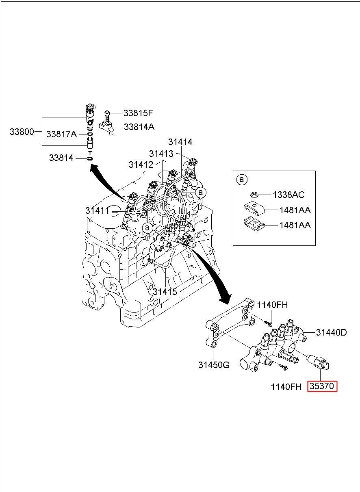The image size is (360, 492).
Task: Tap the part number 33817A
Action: [x=61, y=134]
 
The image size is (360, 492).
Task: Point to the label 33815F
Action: [x=138, y=113]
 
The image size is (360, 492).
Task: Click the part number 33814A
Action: [x=139, y=127]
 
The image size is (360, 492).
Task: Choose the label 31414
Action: [x=181, y=142]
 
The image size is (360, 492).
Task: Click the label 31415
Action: [x=165, y=291]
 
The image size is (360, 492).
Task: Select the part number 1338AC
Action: [x=288, y=195]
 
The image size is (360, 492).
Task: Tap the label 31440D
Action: [x=332, y=332]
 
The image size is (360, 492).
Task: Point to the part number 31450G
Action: [x=214, y=364]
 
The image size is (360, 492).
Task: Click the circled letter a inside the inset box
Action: [x=241, y=179]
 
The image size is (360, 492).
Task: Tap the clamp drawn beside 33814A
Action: [x=108, y=127]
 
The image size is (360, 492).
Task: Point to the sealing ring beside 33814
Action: [x=90, y=158]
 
